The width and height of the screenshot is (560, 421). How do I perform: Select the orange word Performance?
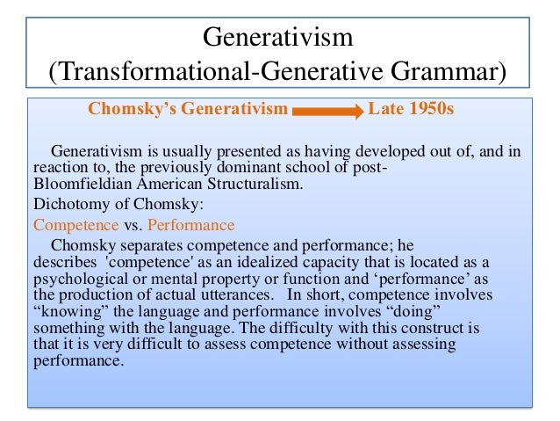190,225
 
